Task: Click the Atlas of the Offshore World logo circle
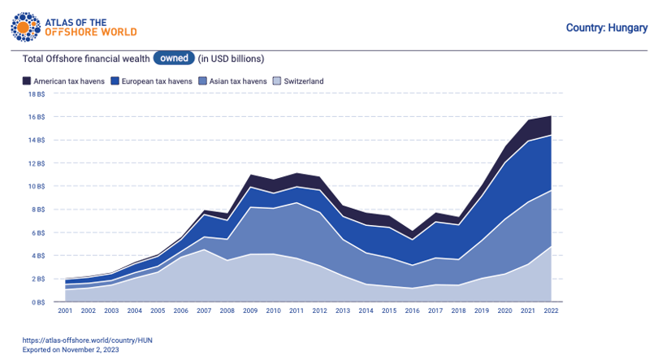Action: [x=26, y=28]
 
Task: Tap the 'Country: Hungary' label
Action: [x=606, y=28]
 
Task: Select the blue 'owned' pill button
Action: [x=174, y=58]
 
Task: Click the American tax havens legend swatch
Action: [x=27, y=81]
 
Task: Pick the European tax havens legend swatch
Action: [x=115, y=81]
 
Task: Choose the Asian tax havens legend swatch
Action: [x=203, y=81]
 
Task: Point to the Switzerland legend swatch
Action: [x=277, y=81]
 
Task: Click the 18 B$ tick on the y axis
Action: [x=37, y=94]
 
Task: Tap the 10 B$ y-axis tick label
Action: [x=37, y=186]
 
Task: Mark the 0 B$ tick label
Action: [x=38, y=302]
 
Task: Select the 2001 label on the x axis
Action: [x=65, y=310]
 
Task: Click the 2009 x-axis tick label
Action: [x=250, y=310]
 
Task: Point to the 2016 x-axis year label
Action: [x=412, y=310]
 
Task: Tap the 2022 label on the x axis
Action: [x=551, y=310]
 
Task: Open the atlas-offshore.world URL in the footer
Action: [x=87, y=340]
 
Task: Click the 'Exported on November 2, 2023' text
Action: [x=71, y=349]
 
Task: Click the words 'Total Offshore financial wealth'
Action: [x=86, y=59]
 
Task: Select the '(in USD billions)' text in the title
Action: [x=231, y=59]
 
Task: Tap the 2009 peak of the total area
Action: [x=250, y=175]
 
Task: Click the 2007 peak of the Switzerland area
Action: [x=204, y=249]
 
